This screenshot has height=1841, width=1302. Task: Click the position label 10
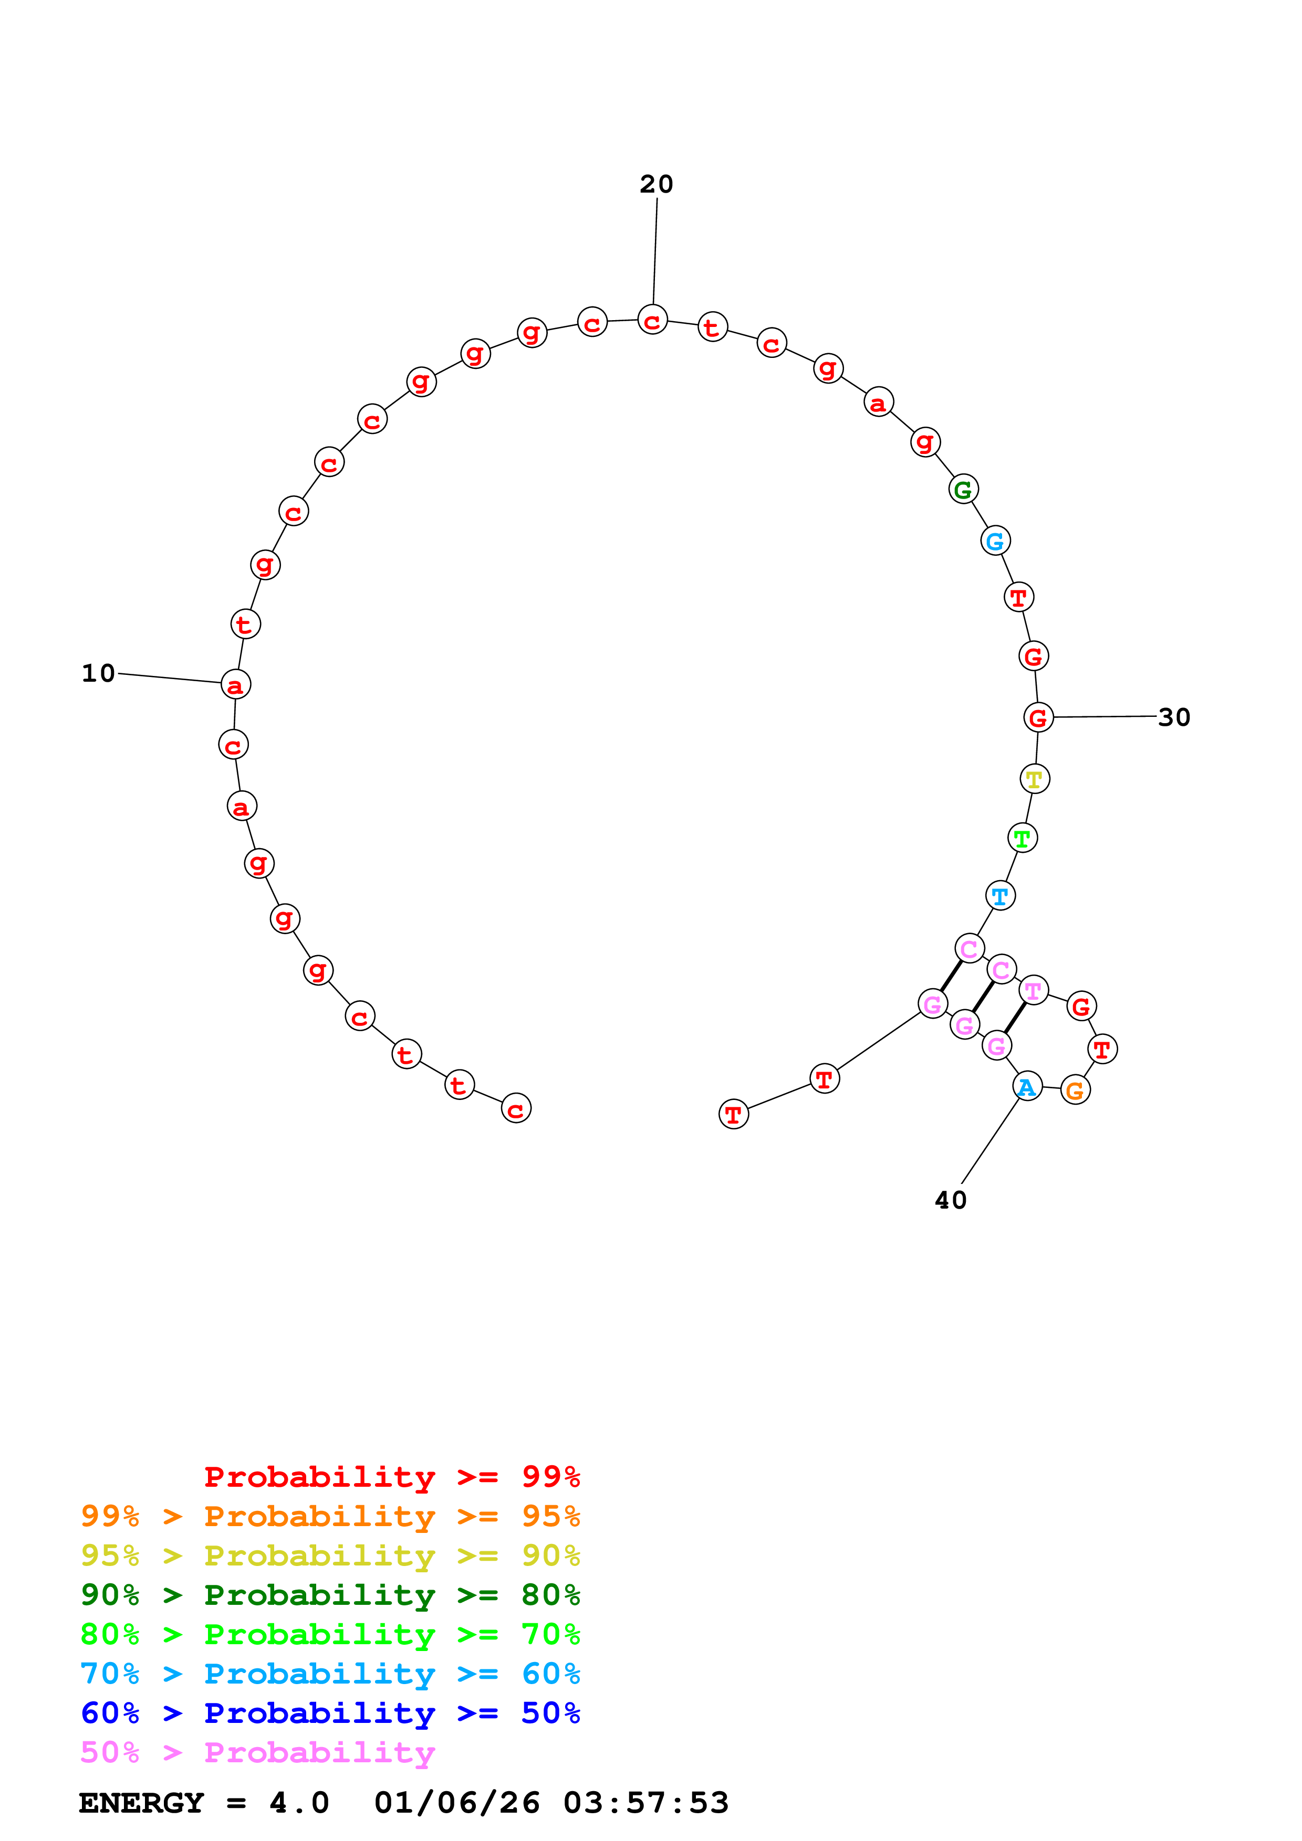[99, 673]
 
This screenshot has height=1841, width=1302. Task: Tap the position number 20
[656, 184]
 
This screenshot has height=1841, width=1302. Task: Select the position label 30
[1174, 717]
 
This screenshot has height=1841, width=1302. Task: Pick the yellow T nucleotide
[1035, 779]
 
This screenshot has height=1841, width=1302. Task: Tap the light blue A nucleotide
[1027, 1087]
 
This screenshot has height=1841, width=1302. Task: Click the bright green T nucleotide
[1022, 838]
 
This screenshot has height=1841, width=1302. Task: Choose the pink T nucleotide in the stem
[1033, 991]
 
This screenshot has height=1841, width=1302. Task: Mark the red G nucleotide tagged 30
[1038, 717]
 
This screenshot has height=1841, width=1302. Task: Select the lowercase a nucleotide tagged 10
[236, 685]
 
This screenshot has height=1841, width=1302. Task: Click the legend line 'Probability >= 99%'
[392, 1476]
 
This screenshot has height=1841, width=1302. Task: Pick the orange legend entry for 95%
[330, 1516]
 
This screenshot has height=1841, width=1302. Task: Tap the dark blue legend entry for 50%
[330, 1713]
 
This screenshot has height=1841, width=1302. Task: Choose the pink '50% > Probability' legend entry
[257, 1753]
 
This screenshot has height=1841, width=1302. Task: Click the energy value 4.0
[299, 1803]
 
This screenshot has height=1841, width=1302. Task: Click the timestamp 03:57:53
[646, 1803]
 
